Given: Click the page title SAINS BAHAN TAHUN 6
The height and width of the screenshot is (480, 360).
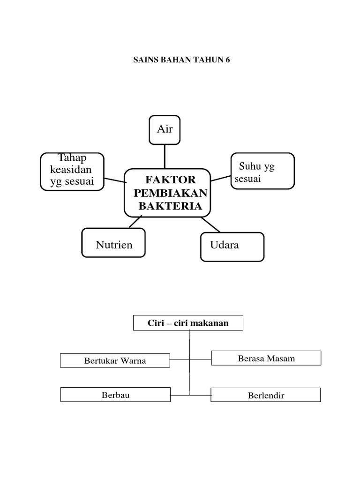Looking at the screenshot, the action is [181, 60].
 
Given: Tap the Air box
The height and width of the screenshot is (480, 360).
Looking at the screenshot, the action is [165, 130].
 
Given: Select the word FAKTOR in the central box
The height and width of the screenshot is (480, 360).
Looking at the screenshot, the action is [171, 180].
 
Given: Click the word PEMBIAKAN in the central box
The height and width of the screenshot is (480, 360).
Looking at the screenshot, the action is [171, 193].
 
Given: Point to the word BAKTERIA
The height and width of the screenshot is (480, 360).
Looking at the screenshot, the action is [171, 206].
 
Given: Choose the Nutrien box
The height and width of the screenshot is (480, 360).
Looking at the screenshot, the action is [113, 242].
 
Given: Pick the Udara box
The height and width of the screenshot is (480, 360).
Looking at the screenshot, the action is [232, 247].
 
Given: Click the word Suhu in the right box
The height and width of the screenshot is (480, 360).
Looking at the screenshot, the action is [250, 166].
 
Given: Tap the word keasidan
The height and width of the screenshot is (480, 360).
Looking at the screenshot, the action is [71, 169].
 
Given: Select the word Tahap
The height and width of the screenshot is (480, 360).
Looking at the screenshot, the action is [72, 157].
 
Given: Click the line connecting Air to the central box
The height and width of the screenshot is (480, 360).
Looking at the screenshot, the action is [165, 157].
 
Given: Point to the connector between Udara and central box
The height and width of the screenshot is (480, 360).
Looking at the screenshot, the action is [210, 225].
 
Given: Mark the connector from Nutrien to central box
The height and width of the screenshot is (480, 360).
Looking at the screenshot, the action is [135, 221].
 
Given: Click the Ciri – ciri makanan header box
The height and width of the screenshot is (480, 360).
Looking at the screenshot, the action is [188, 322].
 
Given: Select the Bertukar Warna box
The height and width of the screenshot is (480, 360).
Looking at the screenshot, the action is [115, 360].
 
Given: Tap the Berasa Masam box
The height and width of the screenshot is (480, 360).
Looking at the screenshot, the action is [266, 358].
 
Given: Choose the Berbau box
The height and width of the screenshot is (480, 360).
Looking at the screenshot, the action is [115, 395].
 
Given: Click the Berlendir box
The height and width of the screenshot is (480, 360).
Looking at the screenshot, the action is [266, 395].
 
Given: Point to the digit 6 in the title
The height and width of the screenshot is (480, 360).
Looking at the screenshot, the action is [227, 60].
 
